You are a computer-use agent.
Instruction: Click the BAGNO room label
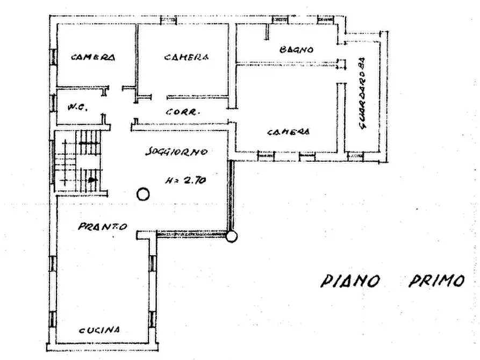[x=296, y=49]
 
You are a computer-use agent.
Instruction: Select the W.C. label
[x=75, y=107]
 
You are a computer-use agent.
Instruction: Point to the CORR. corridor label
[x=183, y=113]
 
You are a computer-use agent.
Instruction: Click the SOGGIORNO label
[x=176, y=152]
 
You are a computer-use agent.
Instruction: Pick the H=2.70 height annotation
[x=185, y=181]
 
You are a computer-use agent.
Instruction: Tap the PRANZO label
[x=103, y=227]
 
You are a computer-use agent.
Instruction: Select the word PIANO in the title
[x=350, y=280]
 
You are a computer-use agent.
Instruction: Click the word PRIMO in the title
[x=436, y=280]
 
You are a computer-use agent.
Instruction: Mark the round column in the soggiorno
[x=143, y=194]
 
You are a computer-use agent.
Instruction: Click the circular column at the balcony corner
[x=231, y=236]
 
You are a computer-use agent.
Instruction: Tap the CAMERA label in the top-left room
[x=93, y=57]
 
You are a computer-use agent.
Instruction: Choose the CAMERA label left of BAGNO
[x=187, y=57]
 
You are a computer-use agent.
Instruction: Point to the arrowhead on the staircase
[x=93, y=179]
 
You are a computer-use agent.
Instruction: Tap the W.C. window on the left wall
[x=54, y=103]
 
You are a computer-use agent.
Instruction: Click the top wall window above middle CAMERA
[x=168, y=20]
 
